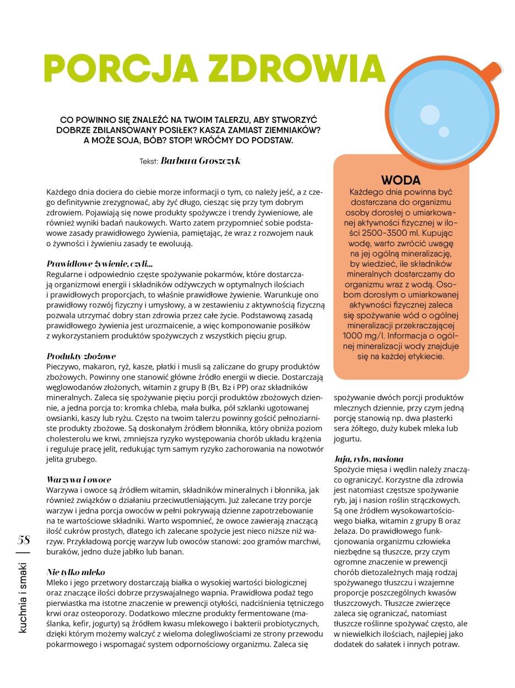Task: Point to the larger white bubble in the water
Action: point(430,114)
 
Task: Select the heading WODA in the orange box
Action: point(401,180)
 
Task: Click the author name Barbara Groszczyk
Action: point(200,161)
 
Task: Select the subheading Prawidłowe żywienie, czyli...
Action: point(100,263)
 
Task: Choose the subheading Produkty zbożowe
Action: point(81,356)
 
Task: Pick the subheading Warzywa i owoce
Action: point(79,479)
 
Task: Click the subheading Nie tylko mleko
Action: point(75,572)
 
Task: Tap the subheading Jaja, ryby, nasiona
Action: point(368,458)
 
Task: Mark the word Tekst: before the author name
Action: point(149,162)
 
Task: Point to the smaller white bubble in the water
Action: point(444,132)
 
